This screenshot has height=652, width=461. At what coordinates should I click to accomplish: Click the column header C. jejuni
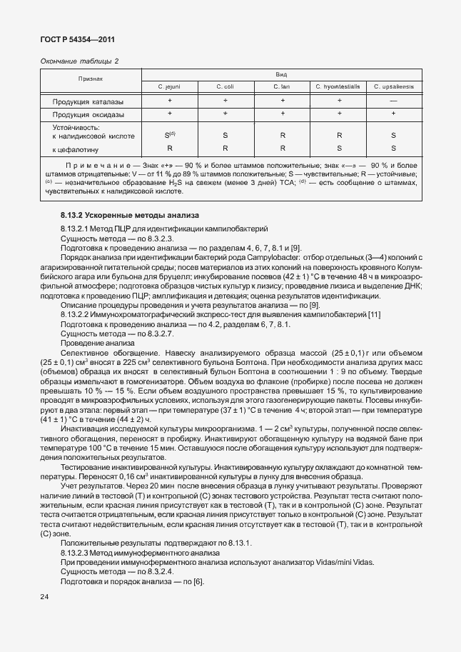(x=169, y=86)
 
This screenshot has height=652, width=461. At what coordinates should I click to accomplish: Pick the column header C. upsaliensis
(x=393, y=86)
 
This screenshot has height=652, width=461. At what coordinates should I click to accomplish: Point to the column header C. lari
(x=282, y=86)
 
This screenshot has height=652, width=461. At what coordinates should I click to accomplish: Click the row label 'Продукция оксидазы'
(x=88, y=114)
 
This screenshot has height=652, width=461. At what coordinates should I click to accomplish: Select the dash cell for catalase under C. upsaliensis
(x=393, y=101)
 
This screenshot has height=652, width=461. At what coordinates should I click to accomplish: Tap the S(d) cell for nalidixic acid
(x=170, y=134)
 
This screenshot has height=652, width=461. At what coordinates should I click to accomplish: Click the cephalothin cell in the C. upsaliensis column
(x=393, y=149)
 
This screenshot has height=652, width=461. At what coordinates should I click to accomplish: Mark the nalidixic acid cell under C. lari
(x=283, y=135)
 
